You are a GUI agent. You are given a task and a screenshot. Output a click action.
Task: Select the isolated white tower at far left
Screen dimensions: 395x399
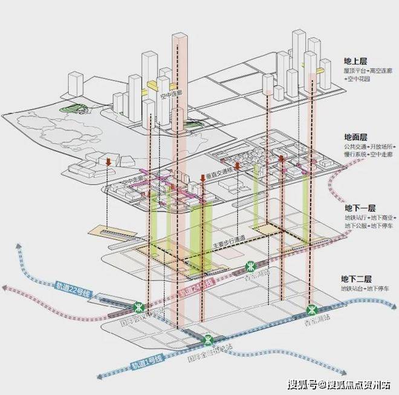point(75,84)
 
